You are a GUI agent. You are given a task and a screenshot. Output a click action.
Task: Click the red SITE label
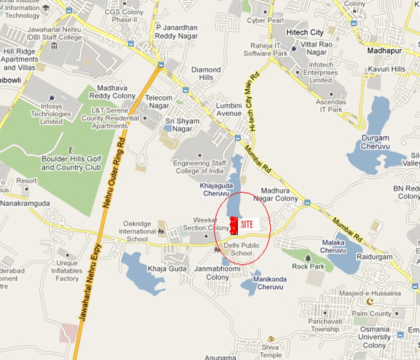coord(247,225)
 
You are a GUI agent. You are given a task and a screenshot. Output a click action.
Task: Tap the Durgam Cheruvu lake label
coord(375,142)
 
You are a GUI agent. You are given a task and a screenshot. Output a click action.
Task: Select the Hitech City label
coord(305,32)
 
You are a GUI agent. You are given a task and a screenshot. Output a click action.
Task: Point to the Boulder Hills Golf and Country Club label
coord(71,163)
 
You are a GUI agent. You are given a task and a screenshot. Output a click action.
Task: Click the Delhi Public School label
coord(241,249)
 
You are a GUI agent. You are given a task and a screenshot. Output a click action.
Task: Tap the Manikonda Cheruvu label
coord(270,283)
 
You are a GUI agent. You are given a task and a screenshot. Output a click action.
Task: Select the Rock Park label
coord(308,266)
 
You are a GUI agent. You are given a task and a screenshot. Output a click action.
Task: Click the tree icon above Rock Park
coord(308,258)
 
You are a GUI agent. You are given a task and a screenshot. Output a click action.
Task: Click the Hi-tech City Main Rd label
coord(254,101)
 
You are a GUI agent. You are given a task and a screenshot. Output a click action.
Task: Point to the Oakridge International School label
coord(137,231)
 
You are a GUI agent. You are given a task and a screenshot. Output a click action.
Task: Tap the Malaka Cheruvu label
coord(333,247)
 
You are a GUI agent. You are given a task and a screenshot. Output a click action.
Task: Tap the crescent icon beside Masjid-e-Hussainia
coord(370,301)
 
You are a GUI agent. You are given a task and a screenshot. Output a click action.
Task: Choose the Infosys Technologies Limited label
coord(51,114)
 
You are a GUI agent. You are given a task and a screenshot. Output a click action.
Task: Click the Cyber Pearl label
coord(266,20)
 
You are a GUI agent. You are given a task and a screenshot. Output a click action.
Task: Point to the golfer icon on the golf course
coord(71,150)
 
